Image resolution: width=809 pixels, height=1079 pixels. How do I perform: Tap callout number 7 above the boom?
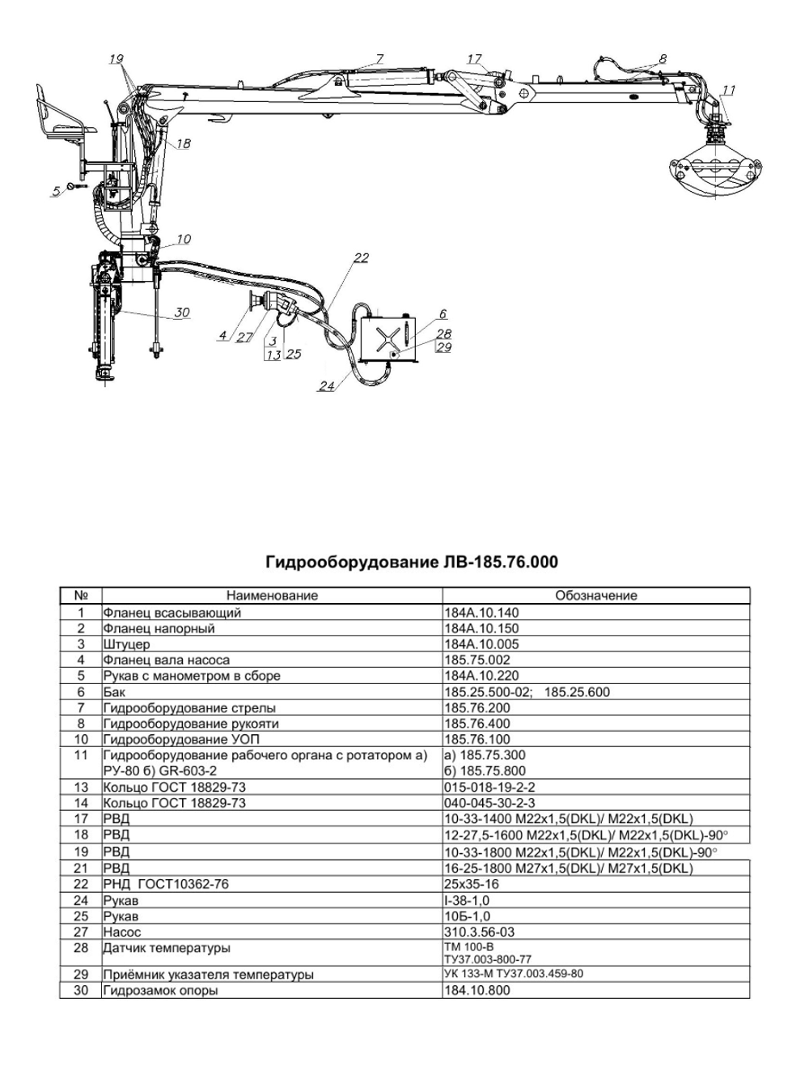point(378,58)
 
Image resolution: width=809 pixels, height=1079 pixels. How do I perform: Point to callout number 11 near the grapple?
point(729,89)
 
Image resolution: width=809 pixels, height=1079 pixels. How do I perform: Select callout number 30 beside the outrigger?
point(182,312)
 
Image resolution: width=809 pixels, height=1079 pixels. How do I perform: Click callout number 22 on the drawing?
point(361,257)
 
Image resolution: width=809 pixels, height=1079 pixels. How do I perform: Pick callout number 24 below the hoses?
point(326,386)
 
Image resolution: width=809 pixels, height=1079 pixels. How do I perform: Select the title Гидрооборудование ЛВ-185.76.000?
point(412,562)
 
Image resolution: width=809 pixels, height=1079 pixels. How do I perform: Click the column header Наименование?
point(272,596)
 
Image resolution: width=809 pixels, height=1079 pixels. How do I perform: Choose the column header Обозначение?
point(596,596)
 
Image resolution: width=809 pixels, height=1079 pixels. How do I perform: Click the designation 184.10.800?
point(477,990)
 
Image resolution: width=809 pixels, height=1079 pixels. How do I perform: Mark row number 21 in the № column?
point(80,869)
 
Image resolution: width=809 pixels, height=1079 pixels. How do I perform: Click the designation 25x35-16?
point(472,885)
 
